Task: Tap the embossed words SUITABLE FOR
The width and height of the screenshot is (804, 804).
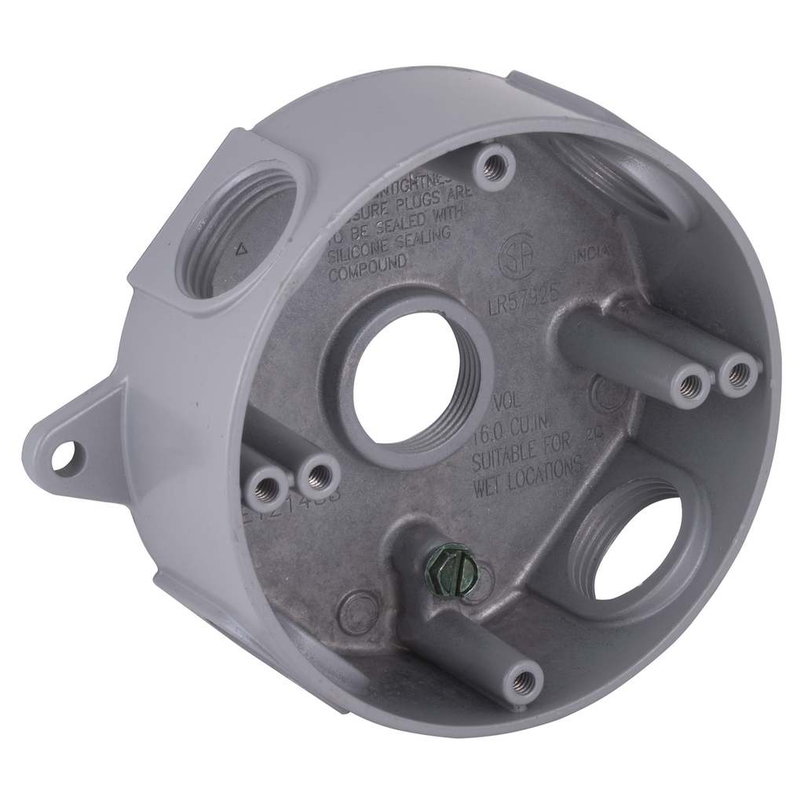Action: click(x=526, y=451)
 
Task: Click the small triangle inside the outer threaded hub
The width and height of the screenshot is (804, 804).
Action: click(x=241, y=250)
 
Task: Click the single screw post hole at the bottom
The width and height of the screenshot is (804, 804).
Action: click(x=521, y=684)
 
